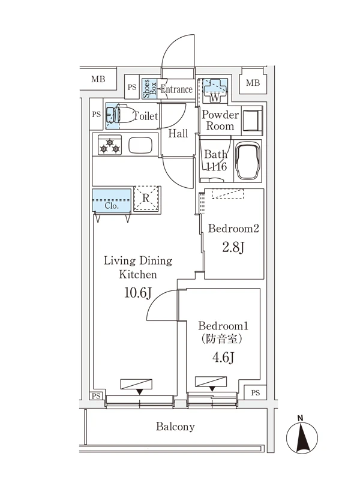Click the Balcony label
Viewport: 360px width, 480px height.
[175, 427]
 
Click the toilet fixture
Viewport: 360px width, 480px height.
[119, 116]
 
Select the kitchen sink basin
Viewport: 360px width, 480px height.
[141, 145]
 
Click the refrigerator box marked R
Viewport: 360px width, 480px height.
[146, 198]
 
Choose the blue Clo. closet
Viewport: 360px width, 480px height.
[111, 200]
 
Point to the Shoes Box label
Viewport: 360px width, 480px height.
[148, 88]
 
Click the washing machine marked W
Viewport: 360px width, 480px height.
[213, 91]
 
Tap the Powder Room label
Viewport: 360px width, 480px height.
[220, 120]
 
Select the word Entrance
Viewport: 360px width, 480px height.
[176, 89]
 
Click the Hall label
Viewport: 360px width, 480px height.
[178, 133]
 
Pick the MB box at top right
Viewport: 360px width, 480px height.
[253, 82]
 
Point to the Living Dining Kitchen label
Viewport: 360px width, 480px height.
[138, 268]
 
